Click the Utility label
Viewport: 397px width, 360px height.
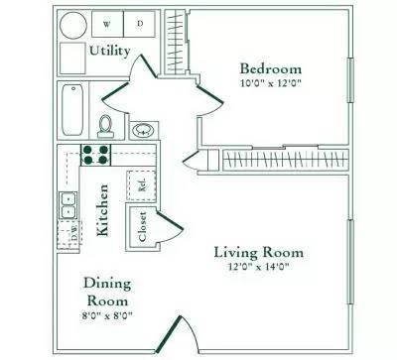(x=109, y=50)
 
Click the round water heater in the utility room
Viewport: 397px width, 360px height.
(x=71, y=26)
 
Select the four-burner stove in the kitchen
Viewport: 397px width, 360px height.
(x=96, y=154)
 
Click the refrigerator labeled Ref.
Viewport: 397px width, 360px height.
(x=141, y=183)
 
